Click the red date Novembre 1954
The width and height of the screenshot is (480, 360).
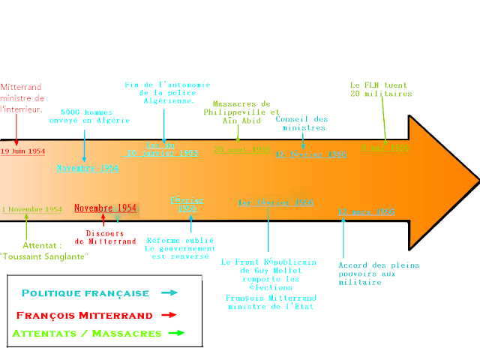(105, 208)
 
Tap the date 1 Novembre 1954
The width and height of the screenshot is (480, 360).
(31, 208)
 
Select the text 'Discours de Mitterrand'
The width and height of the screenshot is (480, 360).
(106, 237)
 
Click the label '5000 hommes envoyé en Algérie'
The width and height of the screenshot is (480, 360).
(89, 115)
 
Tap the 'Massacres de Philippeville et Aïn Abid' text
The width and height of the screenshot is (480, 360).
(241, 112)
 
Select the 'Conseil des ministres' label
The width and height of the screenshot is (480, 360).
(301, 123)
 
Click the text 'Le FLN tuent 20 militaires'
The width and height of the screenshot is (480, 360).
(380, 89)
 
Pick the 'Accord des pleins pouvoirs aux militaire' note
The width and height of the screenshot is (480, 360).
(379, 273)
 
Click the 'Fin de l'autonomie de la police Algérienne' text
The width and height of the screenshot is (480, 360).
(167, 91)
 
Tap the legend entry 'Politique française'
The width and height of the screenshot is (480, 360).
(85, 293)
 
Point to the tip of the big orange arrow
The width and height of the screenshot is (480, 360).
(477, 183)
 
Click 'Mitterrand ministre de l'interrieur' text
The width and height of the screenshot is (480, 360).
(22, 98)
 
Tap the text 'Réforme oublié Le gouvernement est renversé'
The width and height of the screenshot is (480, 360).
(180, 248)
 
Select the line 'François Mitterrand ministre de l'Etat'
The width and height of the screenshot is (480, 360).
(269, 301)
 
